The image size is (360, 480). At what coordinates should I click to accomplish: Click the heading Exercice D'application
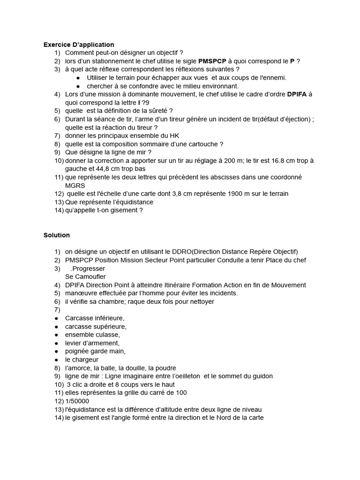79,45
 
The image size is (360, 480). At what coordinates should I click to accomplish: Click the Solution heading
57,235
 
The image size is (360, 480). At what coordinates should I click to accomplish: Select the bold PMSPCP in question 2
212,61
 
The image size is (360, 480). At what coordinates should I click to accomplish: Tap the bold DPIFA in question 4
297,94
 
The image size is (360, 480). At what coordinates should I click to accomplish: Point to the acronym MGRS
75,186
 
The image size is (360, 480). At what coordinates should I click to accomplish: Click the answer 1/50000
77,401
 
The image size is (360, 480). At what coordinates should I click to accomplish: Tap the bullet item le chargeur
82,360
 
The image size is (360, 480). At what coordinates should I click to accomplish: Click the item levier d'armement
92,343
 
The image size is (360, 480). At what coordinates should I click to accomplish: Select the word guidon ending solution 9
262,376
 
